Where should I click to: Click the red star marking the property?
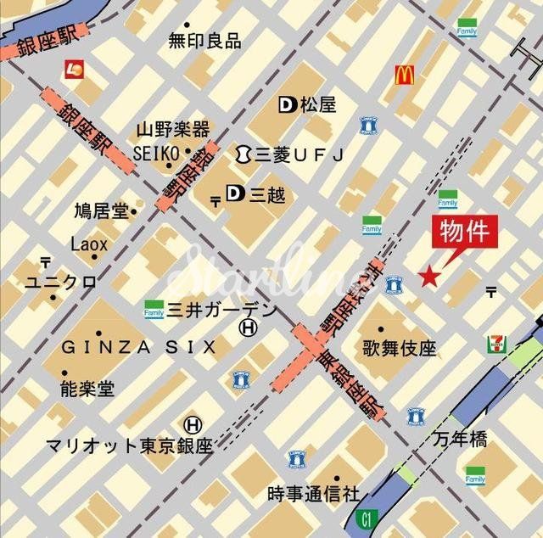click(x=430, y=276)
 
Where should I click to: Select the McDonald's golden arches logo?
click(x=404, y=76)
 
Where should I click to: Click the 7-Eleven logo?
click(x=495, y=344)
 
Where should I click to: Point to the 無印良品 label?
click(x=204, y=40)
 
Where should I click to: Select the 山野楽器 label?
click(x=172, y=130)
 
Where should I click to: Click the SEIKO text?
click(x=156, y=152)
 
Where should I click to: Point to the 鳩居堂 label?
click(x=100, y=209)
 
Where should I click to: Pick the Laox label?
click(x=89, y=244)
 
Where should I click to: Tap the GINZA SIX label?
click(x=138, y=347)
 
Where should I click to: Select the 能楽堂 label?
click(x=87, y=389)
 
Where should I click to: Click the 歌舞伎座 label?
click(x=399, y=348)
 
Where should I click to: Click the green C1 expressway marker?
click(x=366, y=516)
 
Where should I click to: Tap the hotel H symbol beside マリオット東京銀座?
click(x=193, y=423)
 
